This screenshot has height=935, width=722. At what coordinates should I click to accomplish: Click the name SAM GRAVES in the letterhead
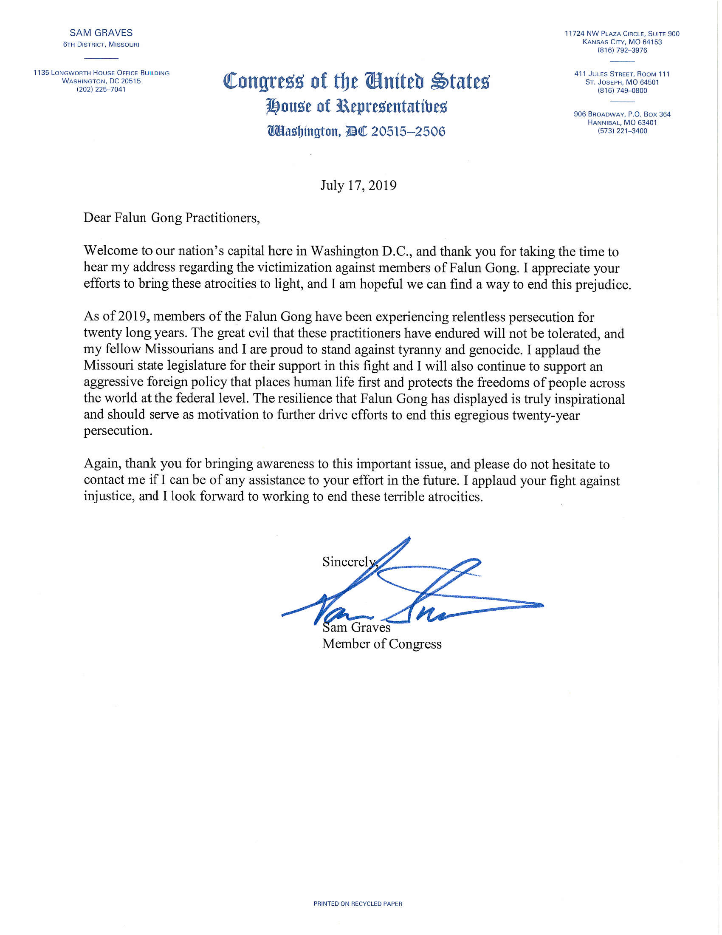tap(101, 33)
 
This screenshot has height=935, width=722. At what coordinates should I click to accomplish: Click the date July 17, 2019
tap(358, 185)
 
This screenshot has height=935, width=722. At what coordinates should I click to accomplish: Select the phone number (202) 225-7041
tap(102, 90)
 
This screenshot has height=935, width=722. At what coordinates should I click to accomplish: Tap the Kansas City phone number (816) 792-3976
tap(622, 50)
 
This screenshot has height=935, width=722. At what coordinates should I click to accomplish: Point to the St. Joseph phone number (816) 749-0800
tap(622, 91)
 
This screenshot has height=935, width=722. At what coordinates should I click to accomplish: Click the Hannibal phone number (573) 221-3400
tap(622, 131)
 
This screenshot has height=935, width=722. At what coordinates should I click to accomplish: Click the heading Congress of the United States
tap(356, 81)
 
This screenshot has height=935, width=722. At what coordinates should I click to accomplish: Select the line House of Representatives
tap(356, 106)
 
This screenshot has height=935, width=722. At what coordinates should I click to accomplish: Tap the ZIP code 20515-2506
tap(408, 131)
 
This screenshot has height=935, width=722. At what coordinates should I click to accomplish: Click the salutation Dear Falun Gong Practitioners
tap(172, 218)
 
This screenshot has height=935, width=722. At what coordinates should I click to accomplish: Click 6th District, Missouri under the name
tap(101, 45)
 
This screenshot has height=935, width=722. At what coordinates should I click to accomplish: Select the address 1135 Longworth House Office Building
tap(102, 73)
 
